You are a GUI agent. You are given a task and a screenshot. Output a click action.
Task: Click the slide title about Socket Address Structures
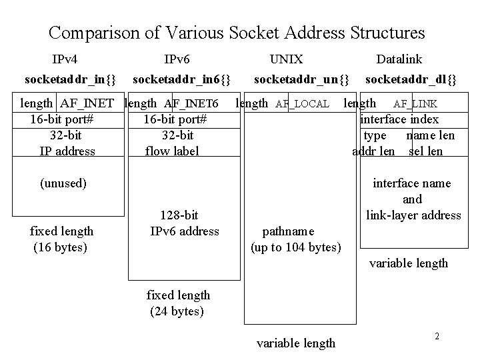point(237,32)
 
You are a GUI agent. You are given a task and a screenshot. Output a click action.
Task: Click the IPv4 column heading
point(69,59)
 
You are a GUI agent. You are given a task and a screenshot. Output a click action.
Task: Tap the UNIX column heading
point(286,59)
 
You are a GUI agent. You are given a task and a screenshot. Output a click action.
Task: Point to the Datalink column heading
point(399,59)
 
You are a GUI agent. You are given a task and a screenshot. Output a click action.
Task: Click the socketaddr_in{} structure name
point(70,80)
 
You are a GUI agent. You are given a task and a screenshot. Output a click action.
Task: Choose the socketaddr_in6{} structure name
point(182,80)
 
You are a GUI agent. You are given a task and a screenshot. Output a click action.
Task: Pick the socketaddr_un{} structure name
point(302,80)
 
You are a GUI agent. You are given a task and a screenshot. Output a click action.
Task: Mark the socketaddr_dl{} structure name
point(411,80)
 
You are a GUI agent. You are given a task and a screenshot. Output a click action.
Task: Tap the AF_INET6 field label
point(191,103)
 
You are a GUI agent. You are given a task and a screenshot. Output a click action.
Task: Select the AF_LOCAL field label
point(303,104)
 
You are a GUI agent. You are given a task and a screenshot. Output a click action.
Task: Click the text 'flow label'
point(172,151)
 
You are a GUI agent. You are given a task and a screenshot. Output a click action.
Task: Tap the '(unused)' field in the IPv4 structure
point(63,183)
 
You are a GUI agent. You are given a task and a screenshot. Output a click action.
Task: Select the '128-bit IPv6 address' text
point(184,223)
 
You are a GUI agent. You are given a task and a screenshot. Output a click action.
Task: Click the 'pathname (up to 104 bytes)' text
point(295,239)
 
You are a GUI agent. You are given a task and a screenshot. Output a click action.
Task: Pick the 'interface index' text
point(399,119)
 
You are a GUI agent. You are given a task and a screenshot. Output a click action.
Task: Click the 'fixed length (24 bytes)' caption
point(178,303)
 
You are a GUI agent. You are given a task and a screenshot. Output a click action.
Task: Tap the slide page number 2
point(437,336)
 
